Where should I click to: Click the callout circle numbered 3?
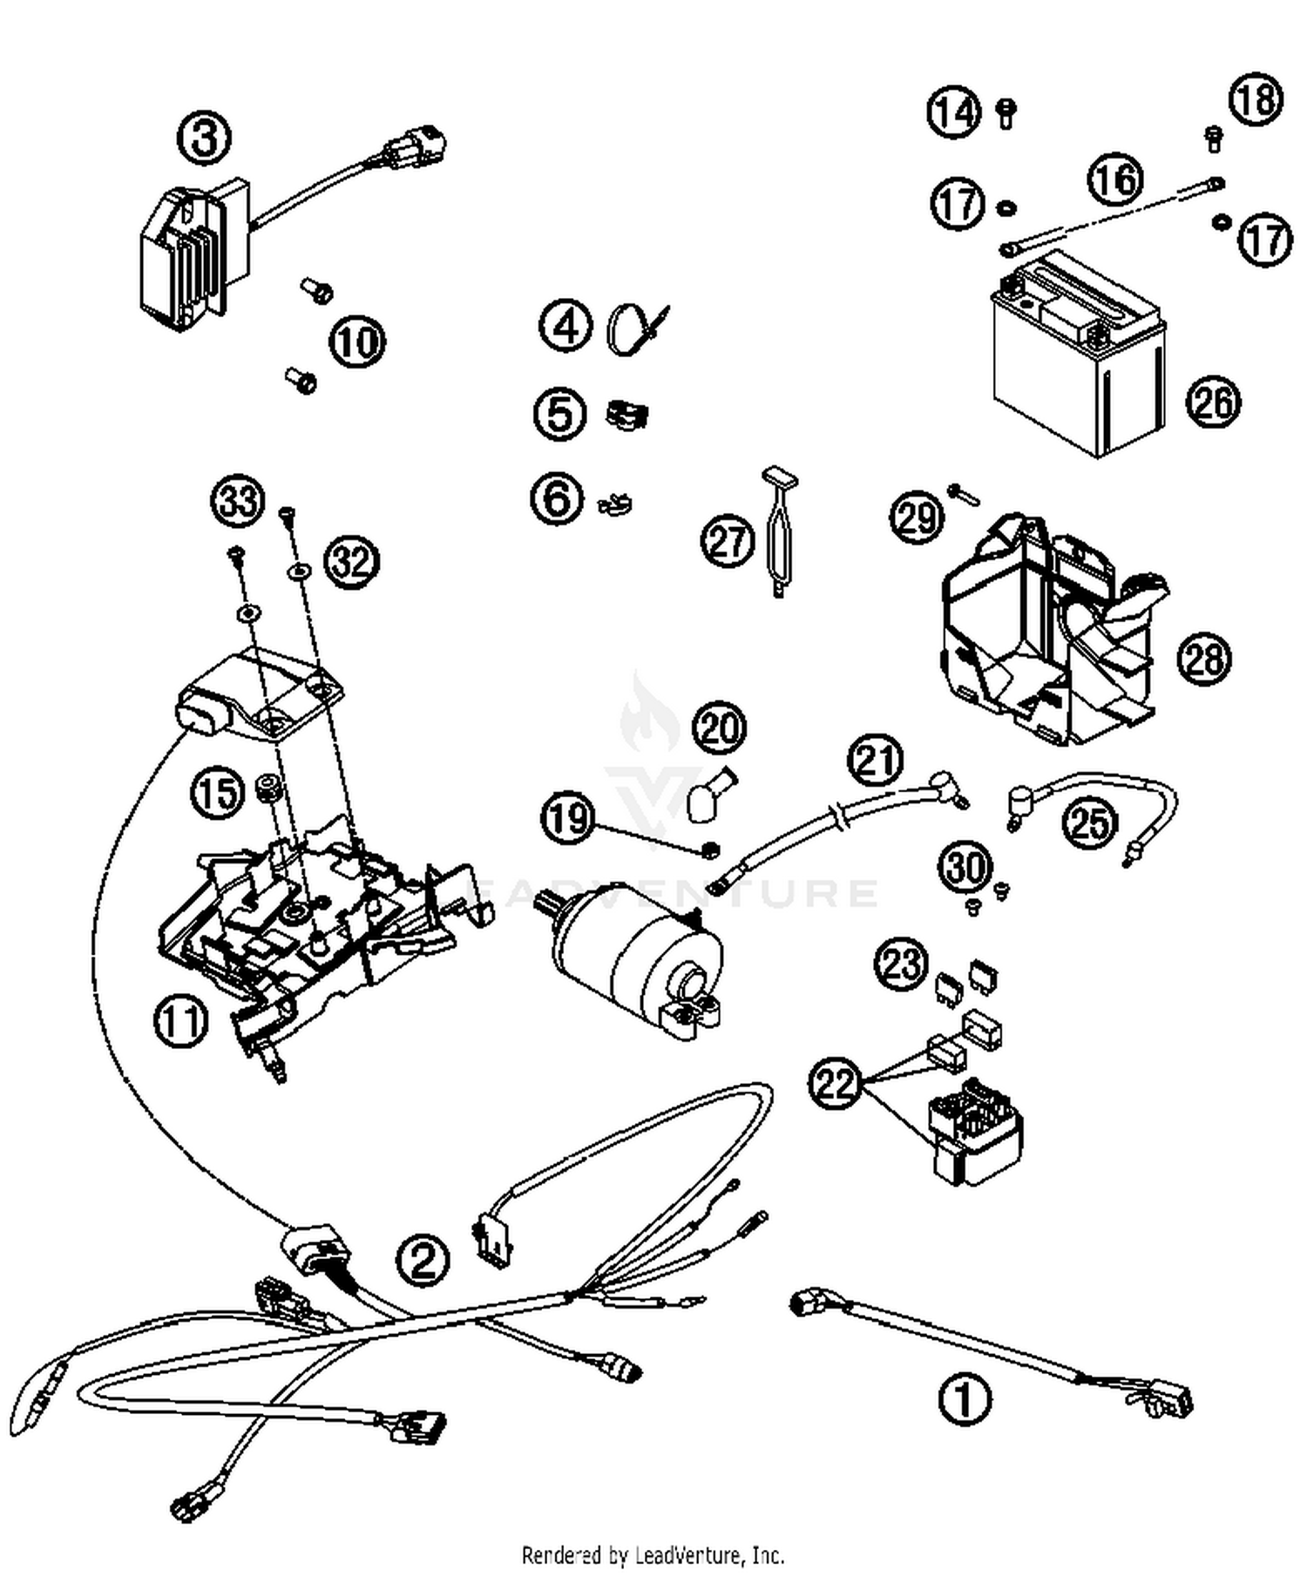click(x=204, y=139)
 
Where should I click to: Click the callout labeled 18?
click(x=1256, y=99)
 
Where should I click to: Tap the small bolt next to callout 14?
click(x=1006, y=112)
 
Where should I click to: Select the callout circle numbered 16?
click(x=1114, y=179)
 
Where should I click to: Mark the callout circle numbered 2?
click(x=423, y=1259)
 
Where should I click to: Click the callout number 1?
click(x=964, y=1400)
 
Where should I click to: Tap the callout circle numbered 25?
click(x=1089, y=822)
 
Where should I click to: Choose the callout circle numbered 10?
click(x=356, y=342)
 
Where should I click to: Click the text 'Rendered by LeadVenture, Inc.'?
click(x=653, y=1553)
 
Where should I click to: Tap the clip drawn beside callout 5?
click(x=628, y=414)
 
